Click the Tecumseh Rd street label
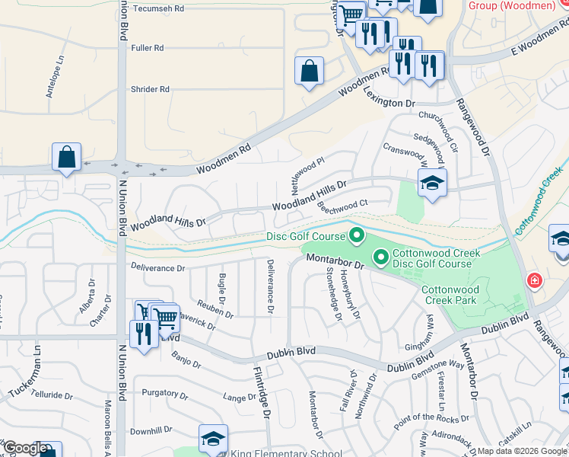(x=158, y=8)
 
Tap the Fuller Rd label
(x=148, y=48)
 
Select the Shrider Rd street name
(x=150, y=89)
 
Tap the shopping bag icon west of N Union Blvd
(x=66, y=157)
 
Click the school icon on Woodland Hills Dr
(x=432, y=183)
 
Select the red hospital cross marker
(x=535, y=281)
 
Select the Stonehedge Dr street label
(x=332, y=290)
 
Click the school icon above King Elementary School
(x=213, y=438)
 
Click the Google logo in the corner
(x=25, y=448)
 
